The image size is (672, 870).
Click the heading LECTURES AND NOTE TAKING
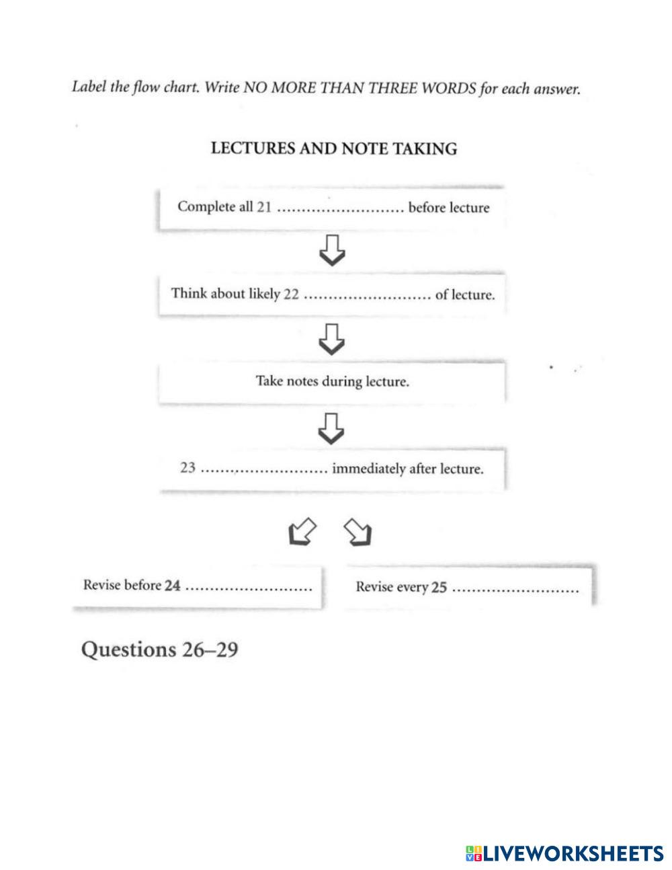(x=334, y=149)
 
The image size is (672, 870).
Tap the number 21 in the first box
(x=264, y=207)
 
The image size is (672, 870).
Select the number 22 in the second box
(x=291, y=294)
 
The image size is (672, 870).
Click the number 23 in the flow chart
(x=187, y=468)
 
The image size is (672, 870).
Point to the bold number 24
(x=173, y=586)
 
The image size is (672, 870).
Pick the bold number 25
(x=439, y=588)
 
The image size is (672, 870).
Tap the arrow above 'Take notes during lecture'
(x=331, y=338)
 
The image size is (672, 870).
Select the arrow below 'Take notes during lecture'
(x=331, y=428)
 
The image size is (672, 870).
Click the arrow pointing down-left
(x=302, y=532)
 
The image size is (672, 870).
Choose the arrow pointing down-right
(x=358, y=532)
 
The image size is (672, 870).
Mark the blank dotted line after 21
(x=339, y=208)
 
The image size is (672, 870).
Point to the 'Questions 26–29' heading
(x=159, y=649)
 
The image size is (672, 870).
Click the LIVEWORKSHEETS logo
(x=564, y=853)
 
